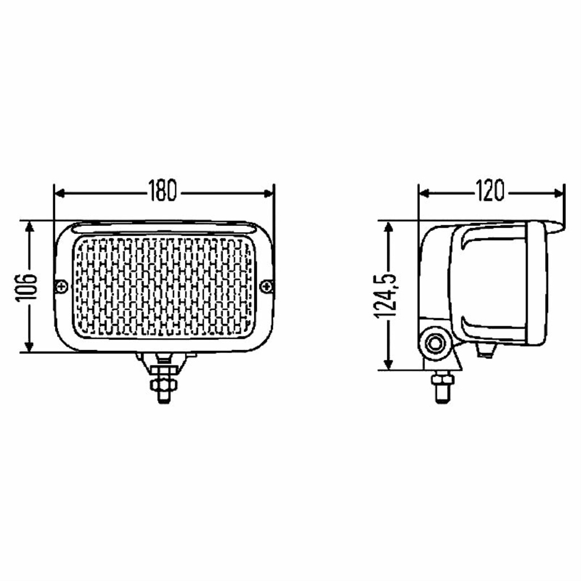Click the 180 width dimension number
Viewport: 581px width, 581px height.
click(162, 191)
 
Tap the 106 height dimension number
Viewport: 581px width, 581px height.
click(26, 287)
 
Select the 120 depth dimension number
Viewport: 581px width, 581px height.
click(490, 191)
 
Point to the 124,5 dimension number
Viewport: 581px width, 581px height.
click(385, 296)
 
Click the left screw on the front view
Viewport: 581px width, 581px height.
click(61, 287)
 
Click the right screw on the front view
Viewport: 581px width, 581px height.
click(266, 286)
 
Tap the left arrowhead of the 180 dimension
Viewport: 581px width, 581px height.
click(60, 193)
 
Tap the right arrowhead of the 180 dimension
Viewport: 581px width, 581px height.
click(268, 193)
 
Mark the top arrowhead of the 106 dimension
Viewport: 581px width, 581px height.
click(30, 227)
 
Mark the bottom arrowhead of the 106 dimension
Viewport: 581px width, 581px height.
click(30, 346)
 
